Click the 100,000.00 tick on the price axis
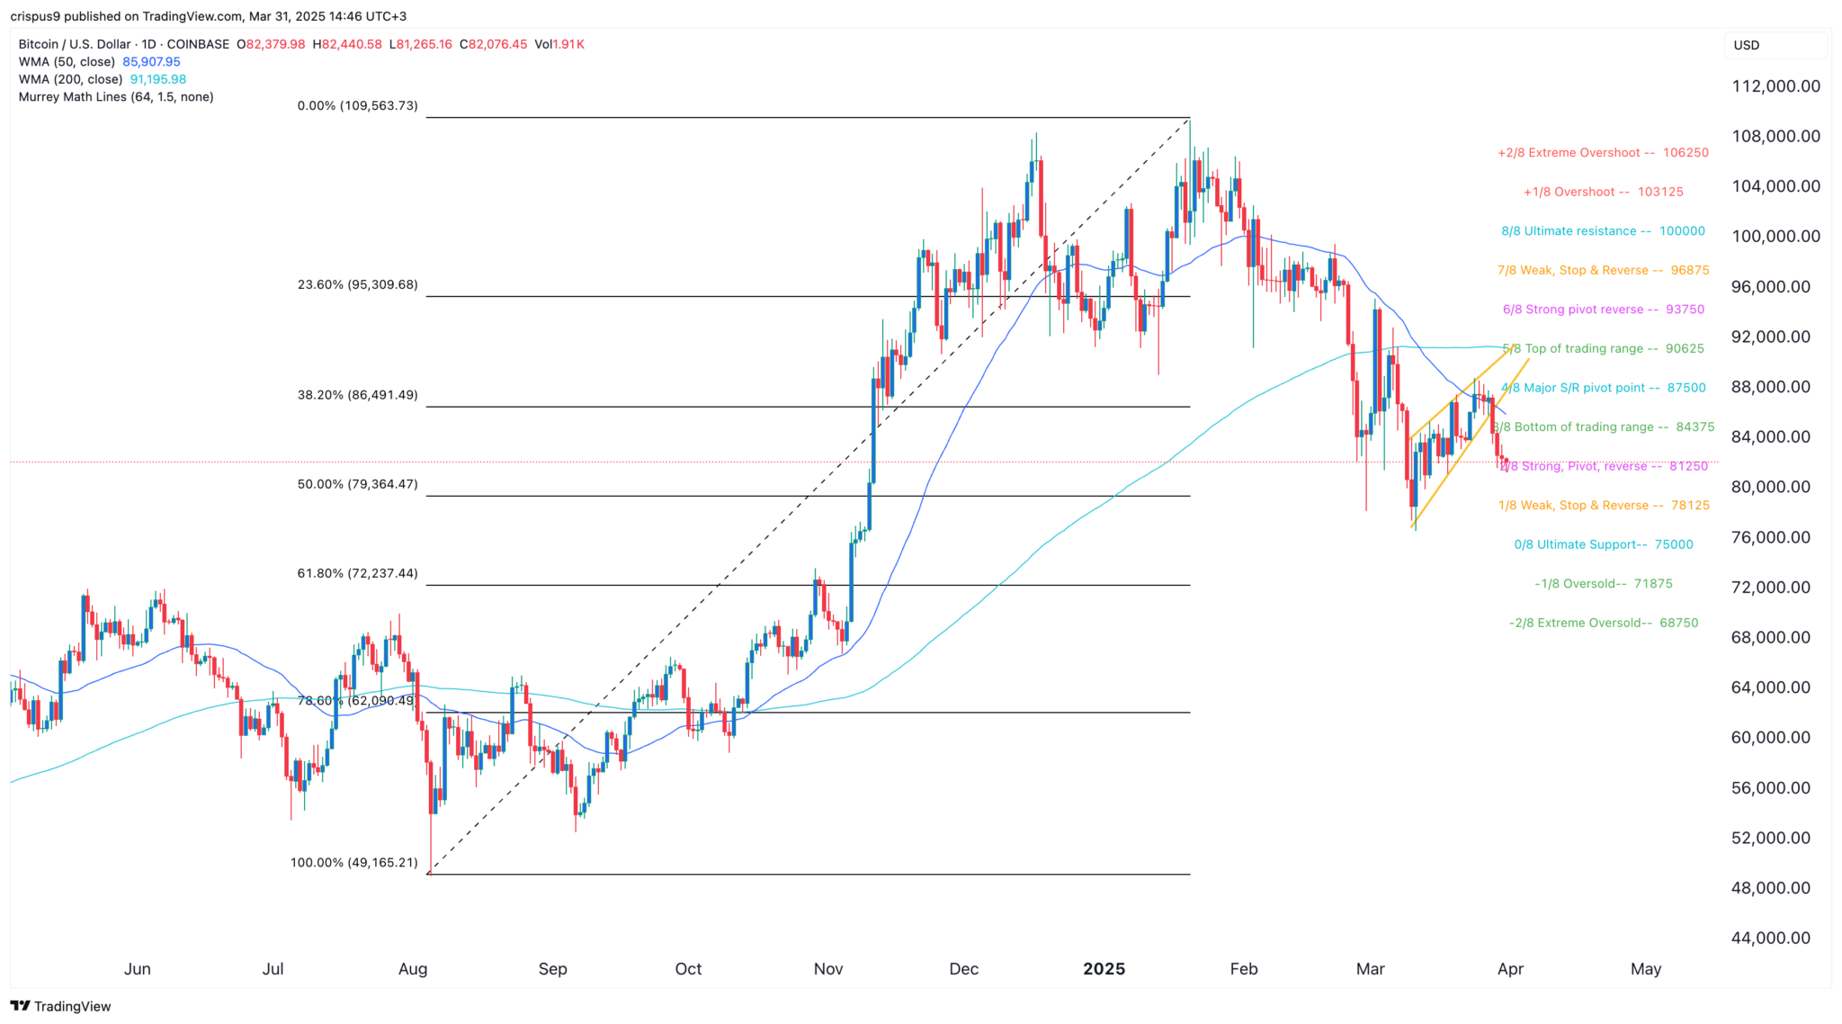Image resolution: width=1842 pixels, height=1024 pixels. coord(1775,237)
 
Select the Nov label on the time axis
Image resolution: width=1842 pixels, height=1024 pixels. coord(827,969)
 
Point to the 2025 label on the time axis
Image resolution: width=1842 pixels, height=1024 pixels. coord(1104,969)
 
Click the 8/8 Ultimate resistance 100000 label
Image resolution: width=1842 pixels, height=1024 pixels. coord(1603,231)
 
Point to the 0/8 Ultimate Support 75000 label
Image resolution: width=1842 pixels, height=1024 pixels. coord(1604,544)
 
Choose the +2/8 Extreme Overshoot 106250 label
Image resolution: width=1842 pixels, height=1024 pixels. coord(1603,153)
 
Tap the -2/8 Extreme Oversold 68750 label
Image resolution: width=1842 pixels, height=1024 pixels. coord(1604,623)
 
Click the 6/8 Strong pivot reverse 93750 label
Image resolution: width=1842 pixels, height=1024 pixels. coord(1604,310)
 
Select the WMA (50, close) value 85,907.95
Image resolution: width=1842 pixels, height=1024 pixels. coord(151,62)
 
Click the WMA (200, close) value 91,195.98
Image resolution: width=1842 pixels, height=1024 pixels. coord(158,79)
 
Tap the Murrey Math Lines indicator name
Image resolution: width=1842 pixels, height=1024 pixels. coord(116,97)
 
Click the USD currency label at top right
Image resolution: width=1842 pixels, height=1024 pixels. coord(1747,45)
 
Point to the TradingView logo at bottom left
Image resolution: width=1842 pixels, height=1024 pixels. coord(61,1006)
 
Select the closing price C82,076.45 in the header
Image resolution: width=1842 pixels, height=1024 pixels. coord(494,44)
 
